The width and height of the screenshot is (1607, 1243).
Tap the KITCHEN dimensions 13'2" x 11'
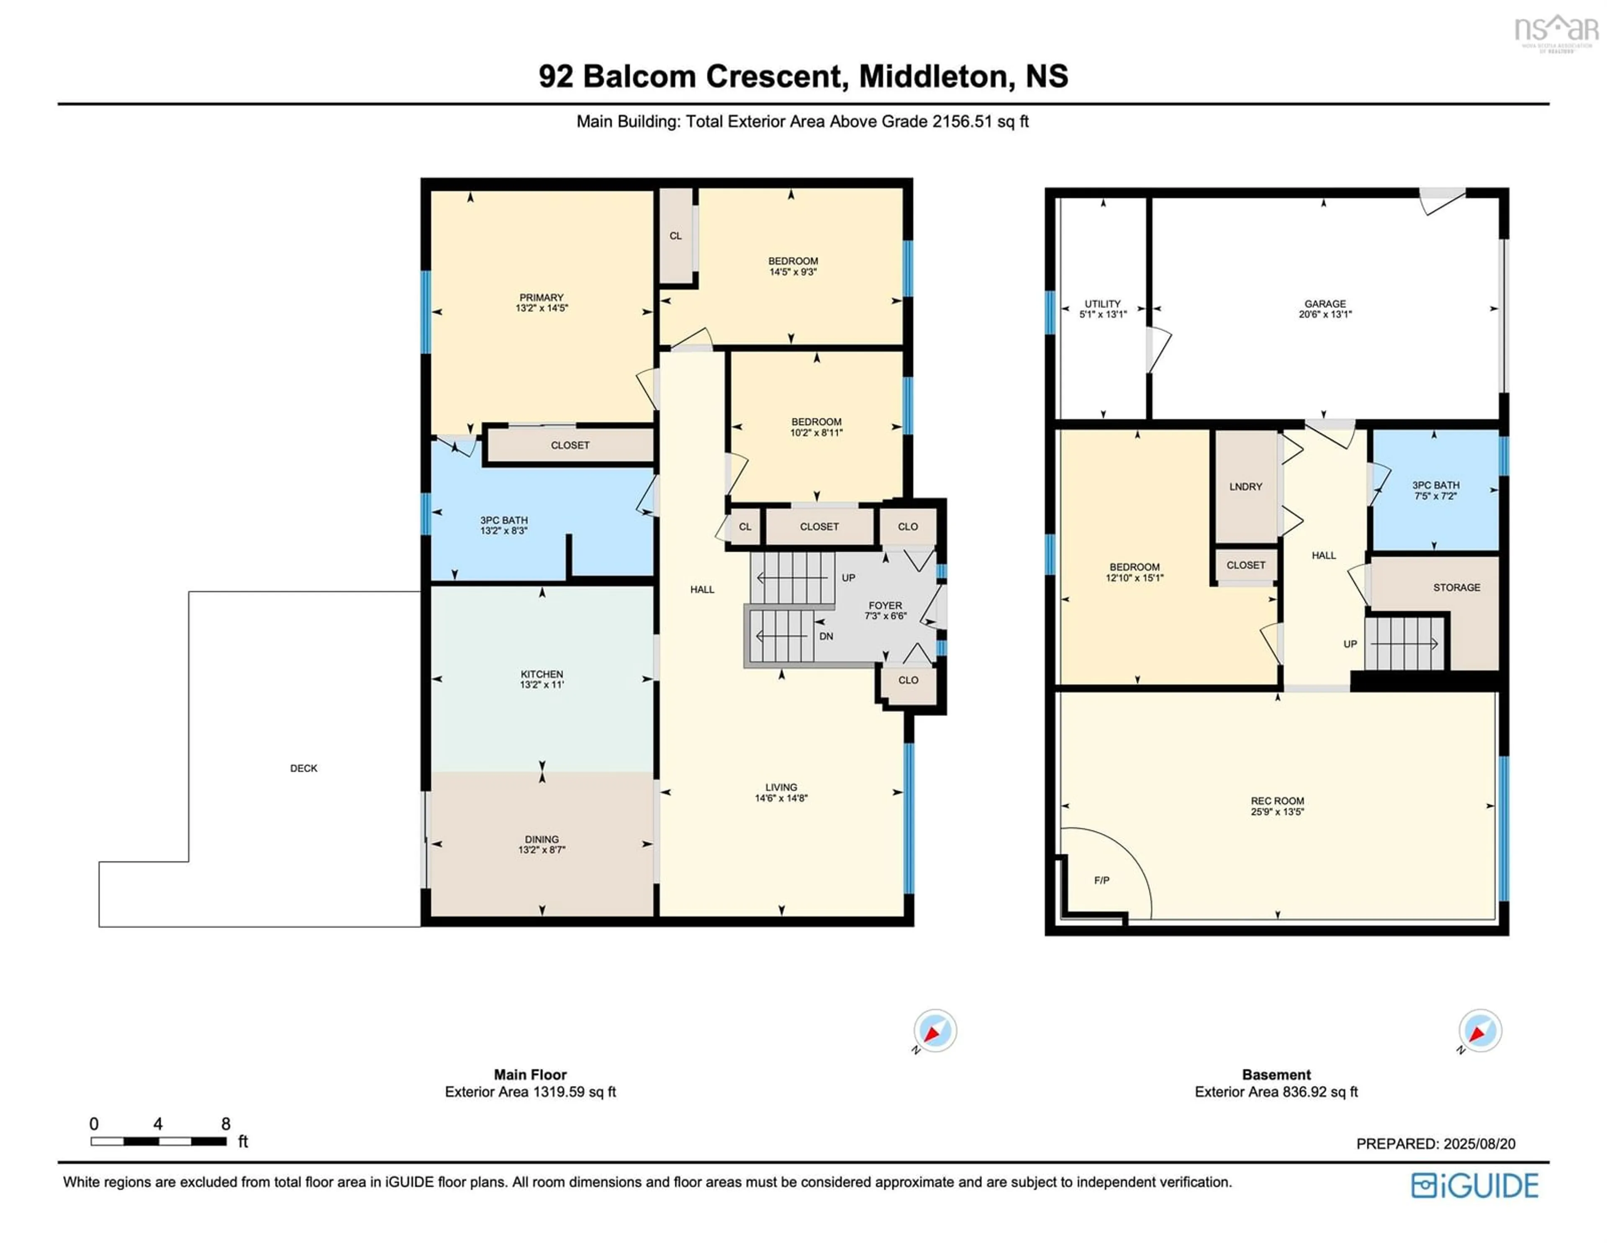pyautogui.click(x=542, y=685)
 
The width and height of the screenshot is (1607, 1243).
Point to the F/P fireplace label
pyautogui.click(x=1101, y=880)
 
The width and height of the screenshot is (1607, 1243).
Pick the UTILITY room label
pyautogui.click(x=1102, y=303)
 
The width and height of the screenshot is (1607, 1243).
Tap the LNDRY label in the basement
pyautogui.click(x=1245, y=486)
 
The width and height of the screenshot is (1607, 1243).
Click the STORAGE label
pyautogui.click(x=1456, y=587)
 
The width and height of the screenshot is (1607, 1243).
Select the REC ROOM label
pyautogui.click(x=1277, y=801)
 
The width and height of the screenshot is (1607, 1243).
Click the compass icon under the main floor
pyautogui.click(x=934, y=1030)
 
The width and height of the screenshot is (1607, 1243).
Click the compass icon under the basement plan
pyautogui.click(x=1480, y=1030)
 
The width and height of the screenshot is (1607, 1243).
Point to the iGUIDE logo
pyautogui.click(x=1475, y=1186)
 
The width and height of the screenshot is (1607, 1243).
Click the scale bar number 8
pyautogui.click(x=226, y=1124)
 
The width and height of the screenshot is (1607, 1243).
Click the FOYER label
pyautogui.click(x=885, y=605)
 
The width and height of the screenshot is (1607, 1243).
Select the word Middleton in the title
pyautogui.click(x=933, y=77)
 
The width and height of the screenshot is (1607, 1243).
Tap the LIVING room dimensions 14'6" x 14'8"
pyautogui.click(x=780, y=798)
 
